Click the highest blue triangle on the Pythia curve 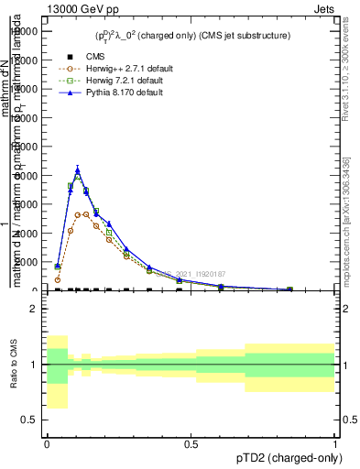coord(78,169)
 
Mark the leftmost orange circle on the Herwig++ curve coord(57,280)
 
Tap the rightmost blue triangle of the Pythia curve coord(290,289)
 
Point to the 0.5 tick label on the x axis coord(191,444)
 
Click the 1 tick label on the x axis coord(336,444)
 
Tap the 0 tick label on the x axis coord(47,444)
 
